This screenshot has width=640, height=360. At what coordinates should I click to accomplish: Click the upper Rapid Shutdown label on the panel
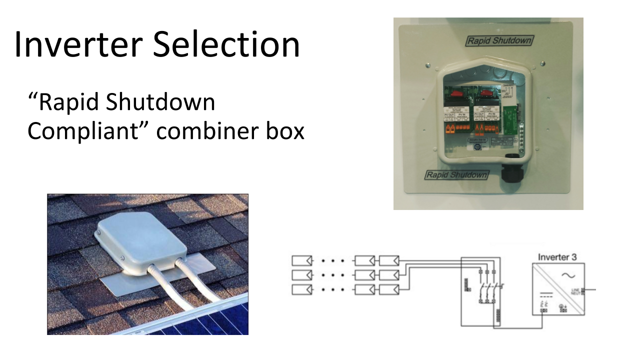pos(499,41)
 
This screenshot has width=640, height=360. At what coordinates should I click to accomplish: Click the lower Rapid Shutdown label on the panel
pos(456,175)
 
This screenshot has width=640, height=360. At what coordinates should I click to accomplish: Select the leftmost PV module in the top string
pos(302,260)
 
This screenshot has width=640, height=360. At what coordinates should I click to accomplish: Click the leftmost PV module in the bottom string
pos(302,289)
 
